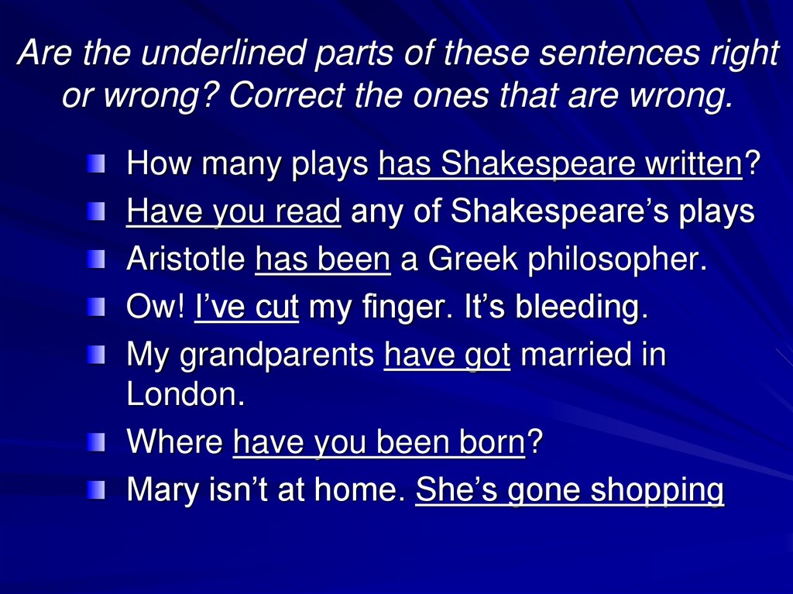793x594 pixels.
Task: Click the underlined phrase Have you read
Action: [x=233, y=211]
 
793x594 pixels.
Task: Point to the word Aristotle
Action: [x=185, y=259]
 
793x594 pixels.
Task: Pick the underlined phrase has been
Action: [x=322, y=259]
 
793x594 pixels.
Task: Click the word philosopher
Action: [x=618, y=261]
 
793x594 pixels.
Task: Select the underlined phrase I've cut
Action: [x=246, y=307]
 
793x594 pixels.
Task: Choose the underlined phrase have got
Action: [x=447, y=356]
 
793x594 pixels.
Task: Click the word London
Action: [x=185, y=394]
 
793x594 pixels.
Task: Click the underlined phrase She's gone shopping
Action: [x=569, y=491]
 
